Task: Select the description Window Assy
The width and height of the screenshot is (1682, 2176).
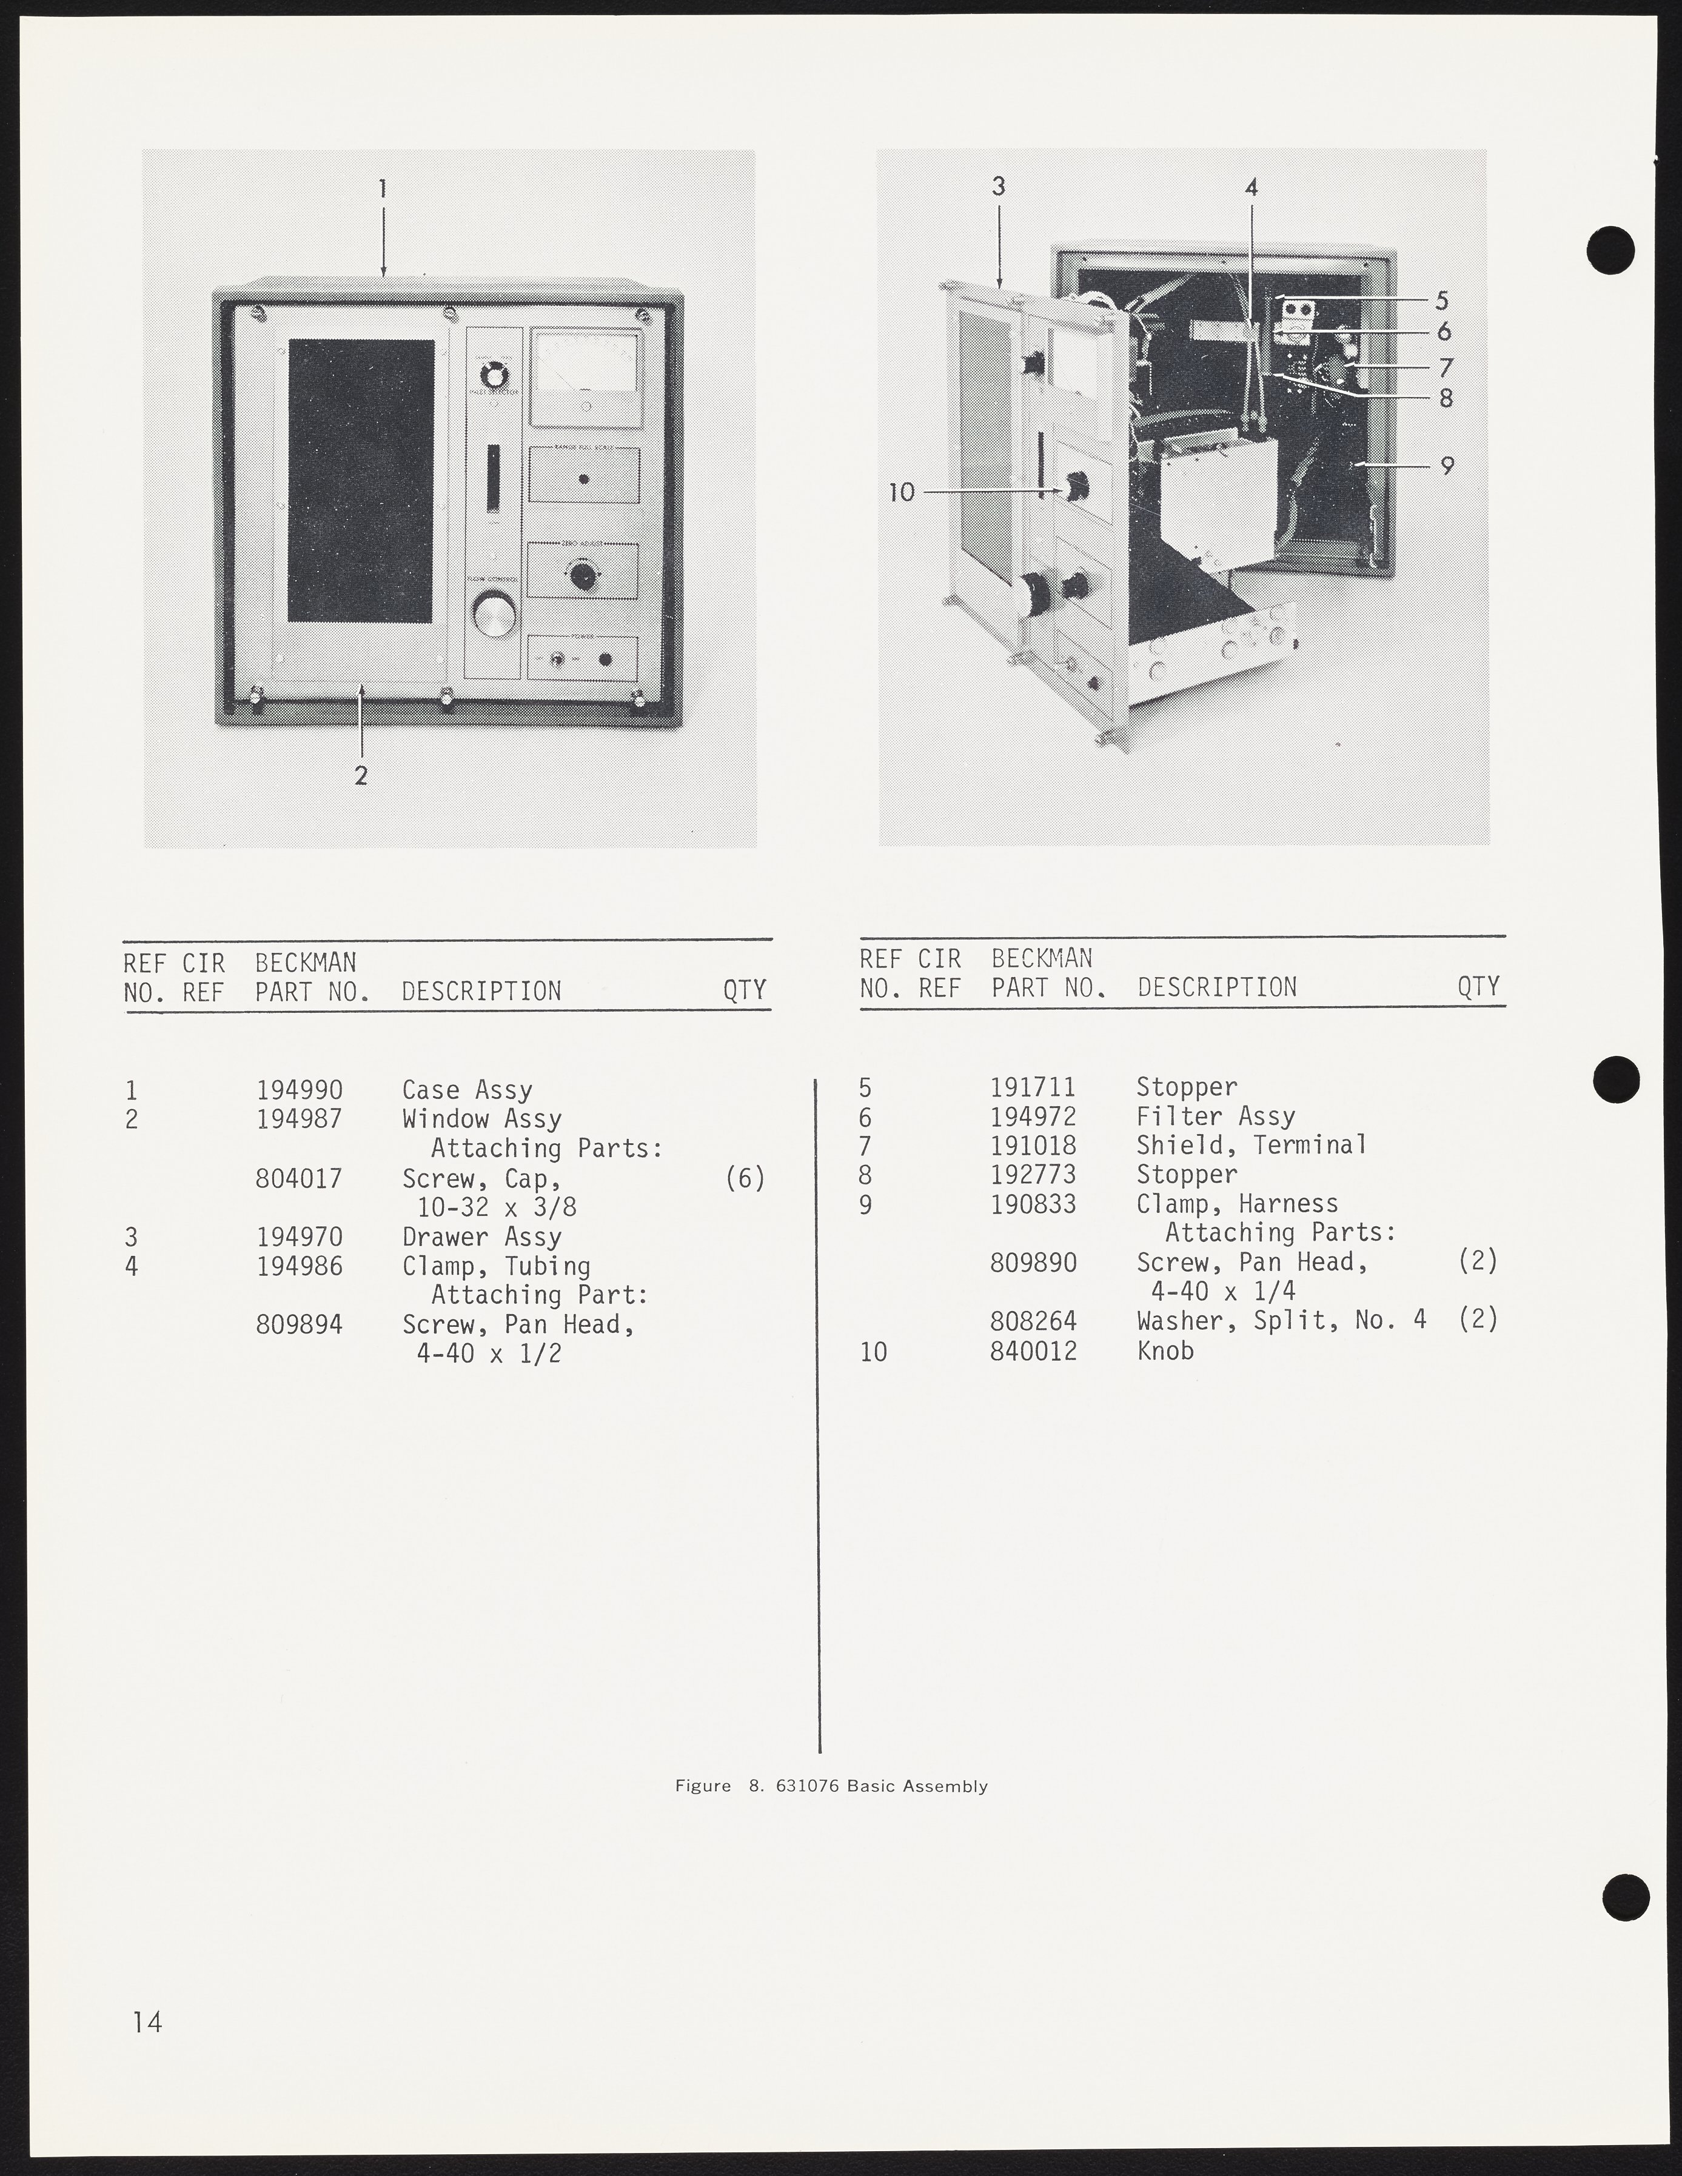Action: tap(482, 1120)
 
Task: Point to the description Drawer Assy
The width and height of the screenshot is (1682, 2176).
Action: tap(482, 1238)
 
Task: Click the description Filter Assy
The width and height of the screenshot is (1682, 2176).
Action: tap(1216, 1117)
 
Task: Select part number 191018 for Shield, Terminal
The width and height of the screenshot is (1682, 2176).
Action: tap(1033, 1146)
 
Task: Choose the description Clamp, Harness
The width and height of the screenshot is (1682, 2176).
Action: tap(1238, 1204)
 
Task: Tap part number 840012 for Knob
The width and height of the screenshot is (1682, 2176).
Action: tap(1033, 1351)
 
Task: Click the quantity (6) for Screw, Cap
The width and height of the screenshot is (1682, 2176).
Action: tap(745, 1179)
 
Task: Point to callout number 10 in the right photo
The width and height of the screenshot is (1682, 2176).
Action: tap(901, 492)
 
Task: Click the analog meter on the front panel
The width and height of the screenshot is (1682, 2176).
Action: tap(585, 376)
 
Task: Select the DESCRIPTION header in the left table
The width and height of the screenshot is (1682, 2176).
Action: tap(481, 992)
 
